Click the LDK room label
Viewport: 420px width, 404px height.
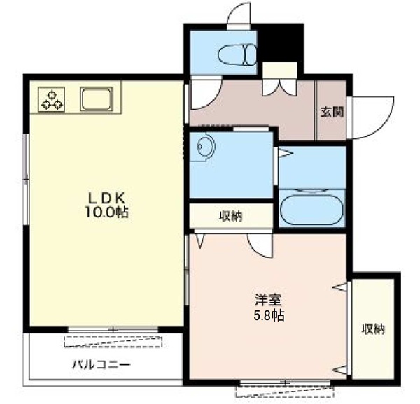(107, 199)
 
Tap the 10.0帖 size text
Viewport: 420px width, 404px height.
(107, 212)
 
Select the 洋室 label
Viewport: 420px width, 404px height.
(269, 300)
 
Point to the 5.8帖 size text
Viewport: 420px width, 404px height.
(269, 315)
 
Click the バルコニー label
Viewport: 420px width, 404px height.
(101, 365)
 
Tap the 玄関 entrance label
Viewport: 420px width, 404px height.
(332, 112)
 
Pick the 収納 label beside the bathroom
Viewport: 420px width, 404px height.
(231, 216)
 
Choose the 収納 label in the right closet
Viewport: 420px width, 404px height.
(373, 329)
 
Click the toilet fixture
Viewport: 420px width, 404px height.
(237, 55)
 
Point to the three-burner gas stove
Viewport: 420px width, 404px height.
(51, 99)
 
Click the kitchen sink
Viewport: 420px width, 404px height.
(97, 99)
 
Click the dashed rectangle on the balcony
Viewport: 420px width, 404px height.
(113, 341)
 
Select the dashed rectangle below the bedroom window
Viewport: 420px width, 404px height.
(284, 391)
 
